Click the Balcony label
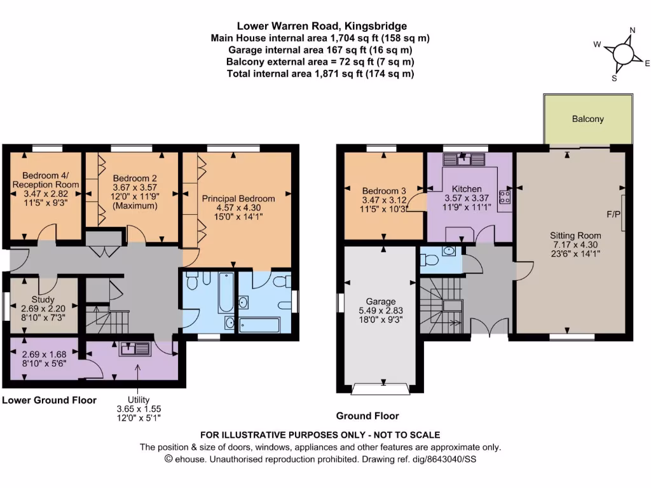[x=587, y=119]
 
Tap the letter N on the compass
[x=632, y=30]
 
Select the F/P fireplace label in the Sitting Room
[x=613, y=214]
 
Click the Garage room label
[x=380, y=301]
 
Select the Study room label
[x=43, y=299]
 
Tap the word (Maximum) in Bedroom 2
[x=130, y=206]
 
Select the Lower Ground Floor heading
[x=50, y=400]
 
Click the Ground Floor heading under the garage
[x=367, y=416]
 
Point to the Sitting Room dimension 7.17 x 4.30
[x=575, y=244]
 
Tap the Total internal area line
[x=320, y=74]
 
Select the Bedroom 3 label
[x=383, y=191]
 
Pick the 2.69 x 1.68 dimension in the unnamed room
[x=43, y=355]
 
